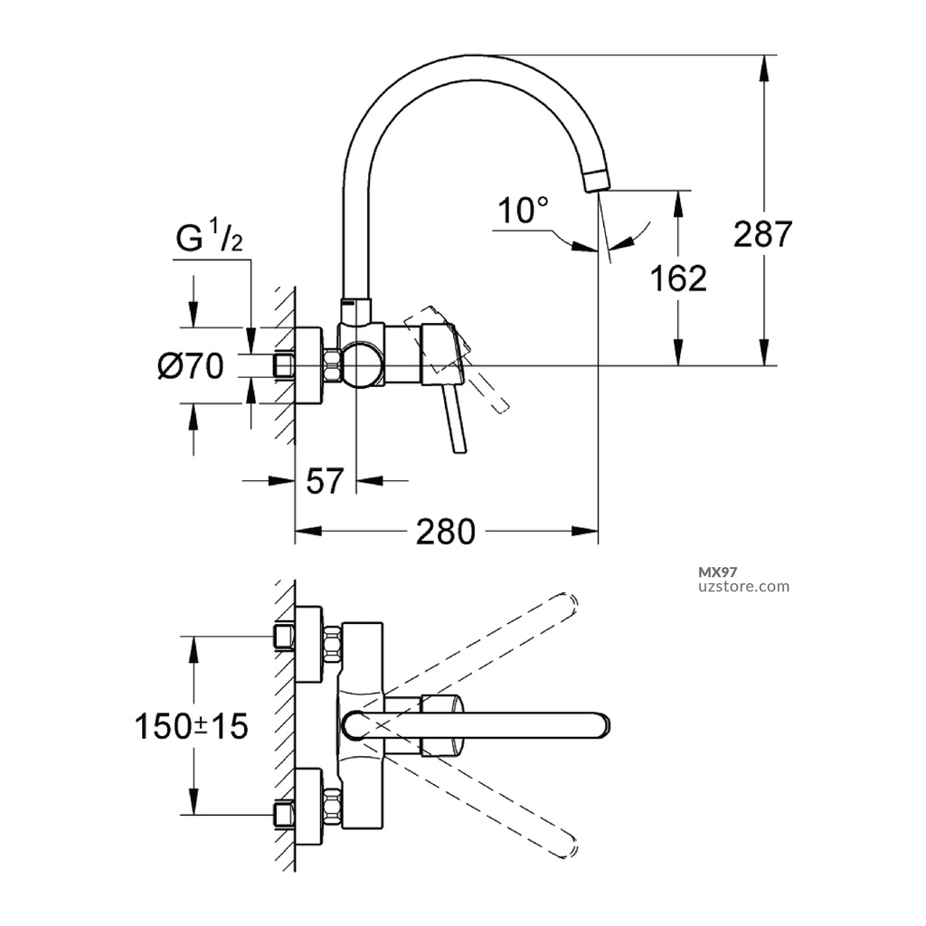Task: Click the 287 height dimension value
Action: [762, 234]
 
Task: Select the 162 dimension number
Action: [679, 279]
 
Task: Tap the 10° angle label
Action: [523, 213]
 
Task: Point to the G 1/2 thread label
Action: [209, 241]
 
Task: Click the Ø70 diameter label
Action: [189, 366]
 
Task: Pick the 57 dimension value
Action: [326, 482]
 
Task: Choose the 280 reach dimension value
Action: [445, 533]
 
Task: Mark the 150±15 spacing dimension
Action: [191, 725]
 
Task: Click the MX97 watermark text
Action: [720, 572]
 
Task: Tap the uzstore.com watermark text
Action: [745, 586]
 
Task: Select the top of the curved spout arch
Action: [466, 58]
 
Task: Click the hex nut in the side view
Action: [330, 366]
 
